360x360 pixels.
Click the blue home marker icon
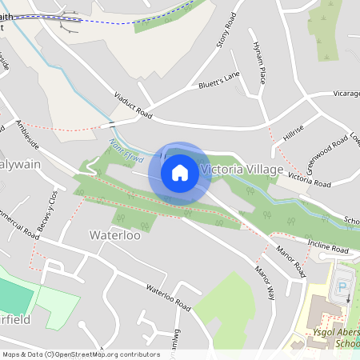180,172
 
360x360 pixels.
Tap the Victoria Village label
242,170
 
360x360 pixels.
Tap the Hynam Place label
258,63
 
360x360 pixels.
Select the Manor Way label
266,282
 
